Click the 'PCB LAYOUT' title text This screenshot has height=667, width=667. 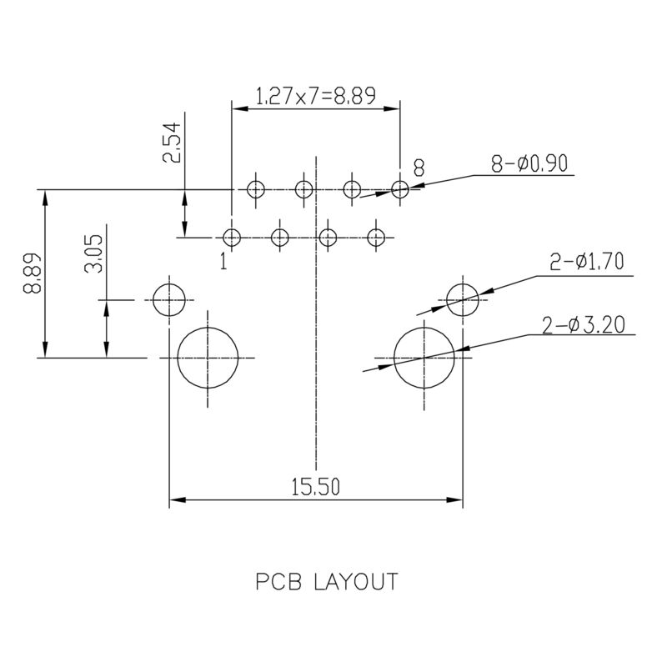325,582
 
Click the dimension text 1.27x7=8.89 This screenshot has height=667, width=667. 314,97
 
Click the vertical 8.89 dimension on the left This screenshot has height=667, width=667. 34,275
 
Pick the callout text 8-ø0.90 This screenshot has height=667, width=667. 529,164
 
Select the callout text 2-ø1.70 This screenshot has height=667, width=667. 587,264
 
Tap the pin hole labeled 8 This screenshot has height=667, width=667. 400,189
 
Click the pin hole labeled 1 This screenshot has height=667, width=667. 233,238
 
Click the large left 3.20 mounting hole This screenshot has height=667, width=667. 208,357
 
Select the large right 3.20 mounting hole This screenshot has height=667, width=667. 424,357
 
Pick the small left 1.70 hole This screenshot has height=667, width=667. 168,299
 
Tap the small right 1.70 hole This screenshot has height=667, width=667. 463,299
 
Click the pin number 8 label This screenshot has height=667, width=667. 419,168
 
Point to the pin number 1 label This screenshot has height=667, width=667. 223,262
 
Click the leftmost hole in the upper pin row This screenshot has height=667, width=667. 256,189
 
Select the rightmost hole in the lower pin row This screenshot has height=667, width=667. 377,238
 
